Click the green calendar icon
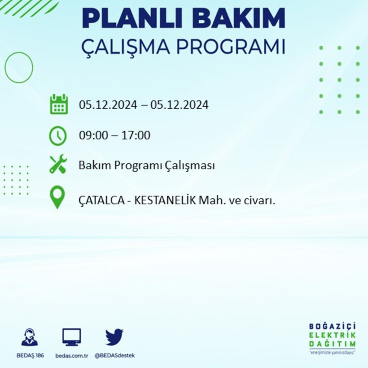tap(58, 105)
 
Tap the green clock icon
tap(58, 136)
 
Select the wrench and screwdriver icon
tap(58, 164)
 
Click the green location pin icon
tap(57, 197)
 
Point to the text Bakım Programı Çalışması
tap(146, 166)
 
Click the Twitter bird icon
tap(114, 337)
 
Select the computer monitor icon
tap(72, 337)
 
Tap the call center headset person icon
tap(30, 337)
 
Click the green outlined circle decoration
tap(19, 68)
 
